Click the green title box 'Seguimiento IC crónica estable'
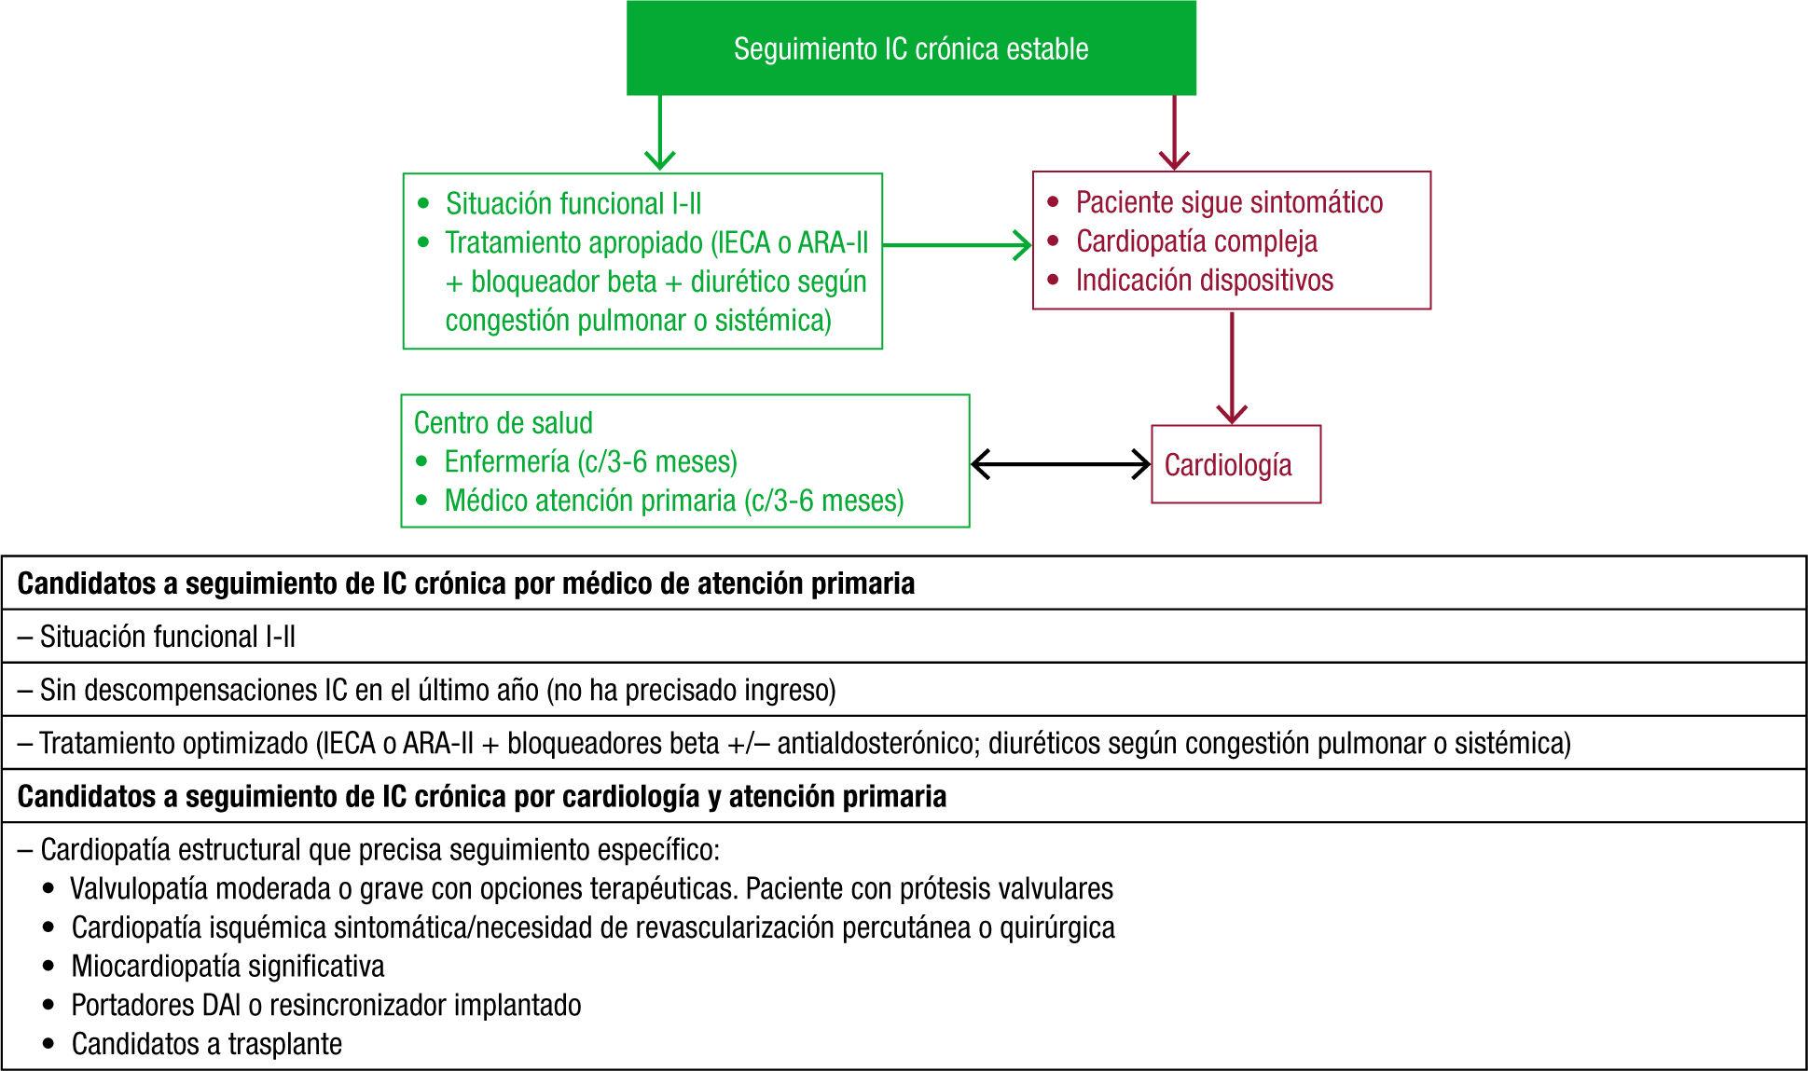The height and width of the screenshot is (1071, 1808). tap(911, 48)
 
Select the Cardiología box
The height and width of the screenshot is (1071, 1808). tap(1235, 464)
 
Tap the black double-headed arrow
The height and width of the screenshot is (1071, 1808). tap(1060, 464)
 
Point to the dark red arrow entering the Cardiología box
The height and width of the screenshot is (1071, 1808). tap(1233, 368)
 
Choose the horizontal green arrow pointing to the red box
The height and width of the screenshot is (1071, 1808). tap(956, 245)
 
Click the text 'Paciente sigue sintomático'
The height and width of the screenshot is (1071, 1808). tap(1229, 202)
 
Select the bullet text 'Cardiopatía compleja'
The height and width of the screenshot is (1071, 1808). tap(1196, 241)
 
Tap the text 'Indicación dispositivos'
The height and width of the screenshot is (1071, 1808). tap(1204, 280)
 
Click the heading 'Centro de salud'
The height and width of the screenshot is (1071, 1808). tap(504, 423)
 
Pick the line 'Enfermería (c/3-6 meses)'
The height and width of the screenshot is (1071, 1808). tap(590, 461)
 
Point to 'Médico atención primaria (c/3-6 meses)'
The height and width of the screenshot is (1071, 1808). tap(673, 501)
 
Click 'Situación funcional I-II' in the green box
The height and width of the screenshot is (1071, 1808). tap(573, 203)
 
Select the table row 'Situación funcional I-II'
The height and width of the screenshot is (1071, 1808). tap(168, 637)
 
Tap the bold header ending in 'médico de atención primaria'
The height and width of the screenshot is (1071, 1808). tap(466, 584)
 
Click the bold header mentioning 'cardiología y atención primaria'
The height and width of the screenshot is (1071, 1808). tap(481, 796)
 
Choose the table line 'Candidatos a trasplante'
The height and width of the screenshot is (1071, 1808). tap(206, 1043)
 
